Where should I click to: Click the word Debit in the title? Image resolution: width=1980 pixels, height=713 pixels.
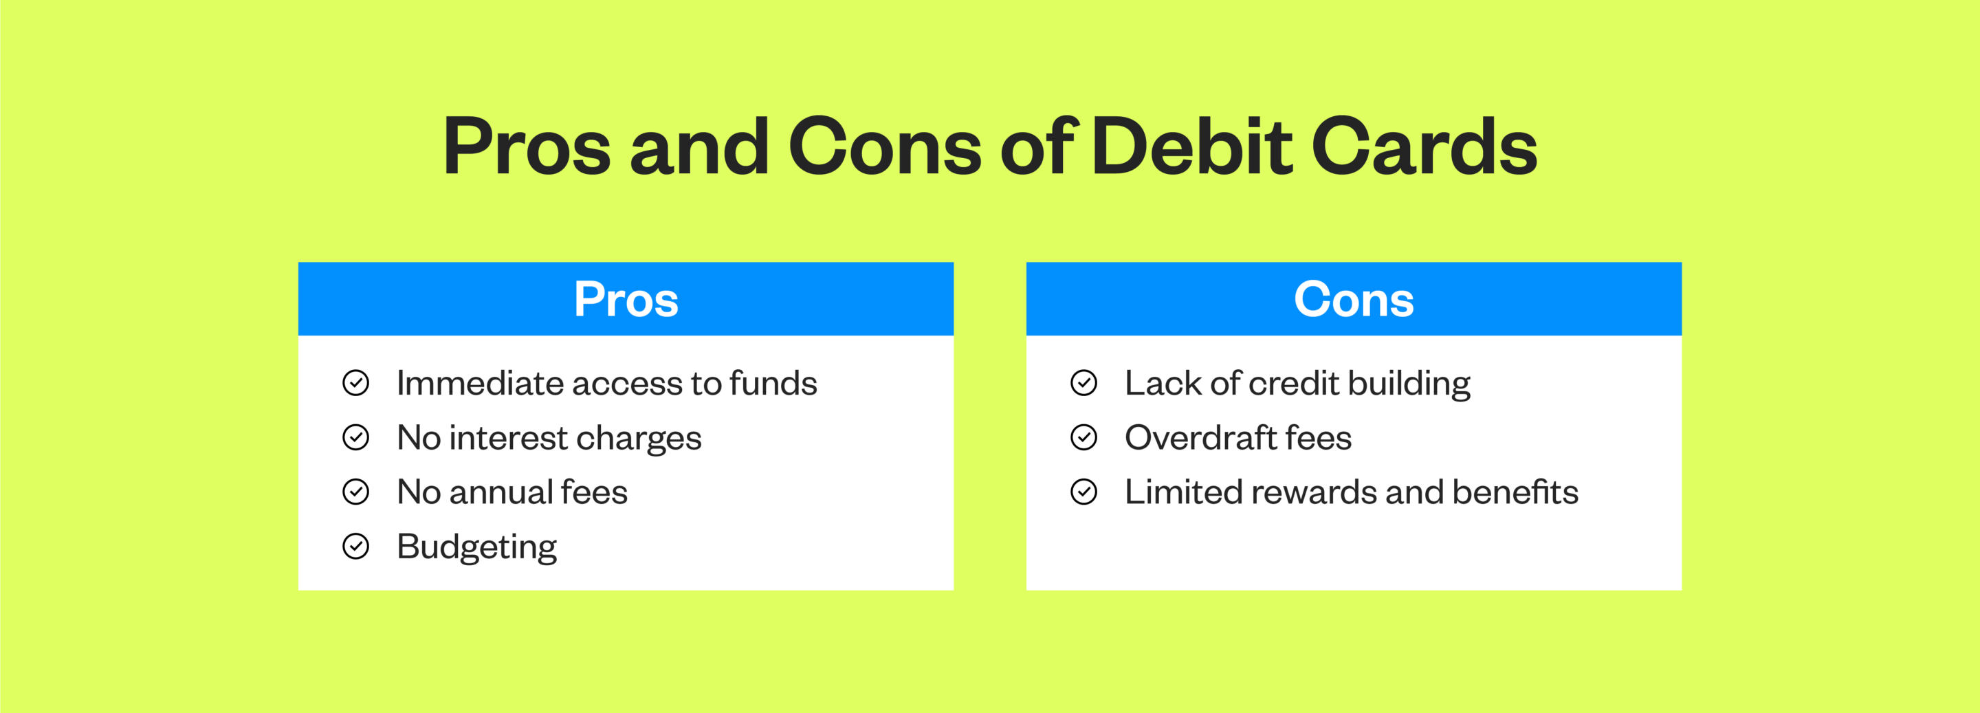[1192, 146]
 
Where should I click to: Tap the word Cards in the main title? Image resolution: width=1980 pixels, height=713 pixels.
[1424, 146]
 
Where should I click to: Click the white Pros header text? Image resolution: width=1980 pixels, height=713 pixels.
[626, 299]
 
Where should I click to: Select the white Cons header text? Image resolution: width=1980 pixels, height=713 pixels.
[1354, 299]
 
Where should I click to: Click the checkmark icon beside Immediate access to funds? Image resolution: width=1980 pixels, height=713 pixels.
[356, 382]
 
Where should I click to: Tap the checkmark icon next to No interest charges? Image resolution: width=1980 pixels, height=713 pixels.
[356, 437]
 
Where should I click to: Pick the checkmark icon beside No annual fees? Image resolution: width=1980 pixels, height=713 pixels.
[356, 492]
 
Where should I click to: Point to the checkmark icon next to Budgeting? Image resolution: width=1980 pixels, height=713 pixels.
[356, 547]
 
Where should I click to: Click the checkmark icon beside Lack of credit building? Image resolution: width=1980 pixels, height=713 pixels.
[1083, 382]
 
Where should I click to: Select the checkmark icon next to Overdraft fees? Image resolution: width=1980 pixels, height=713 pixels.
[1083, 437]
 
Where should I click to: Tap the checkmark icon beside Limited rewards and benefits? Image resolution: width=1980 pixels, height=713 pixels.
[1083, 492]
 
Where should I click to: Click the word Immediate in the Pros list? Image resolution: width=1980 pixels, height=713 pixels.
[481, 382]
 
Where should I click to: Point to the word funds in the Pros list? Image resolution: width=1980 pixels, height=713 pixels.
[773, 382]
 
